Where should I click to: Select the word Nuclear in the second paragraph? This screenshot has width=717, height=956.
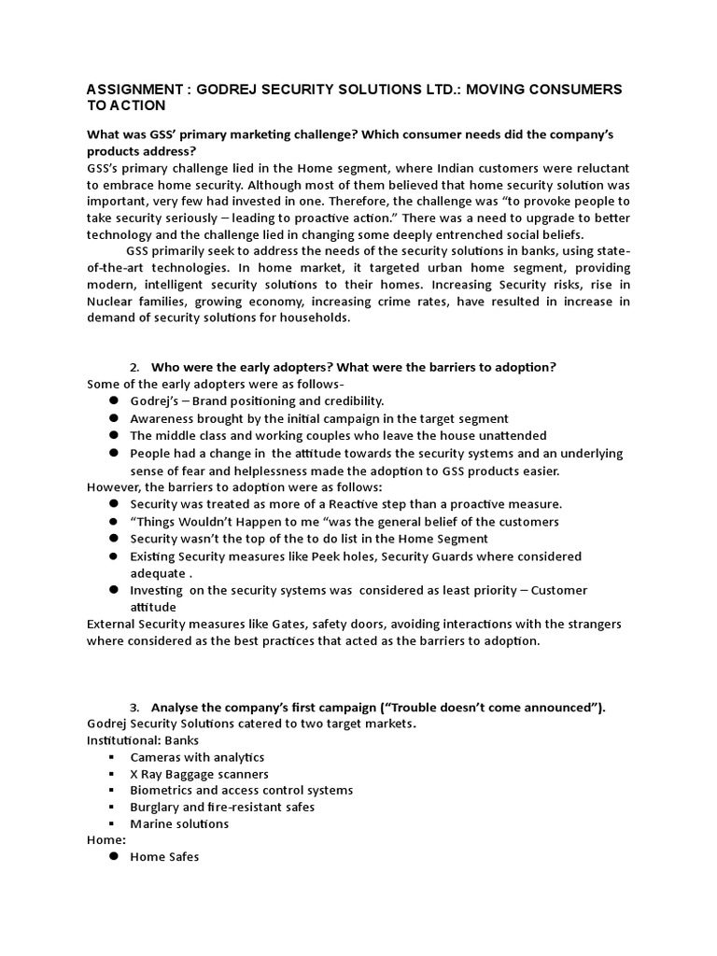(109, 302)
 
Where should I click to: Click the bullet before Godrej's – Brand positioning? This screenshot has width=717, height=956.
(112, 401)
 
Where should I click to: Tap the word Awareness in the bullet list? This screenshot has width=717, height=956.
(161, 418)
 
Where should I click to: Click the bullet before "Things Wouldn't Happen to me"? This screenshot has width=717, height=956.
(112, 522)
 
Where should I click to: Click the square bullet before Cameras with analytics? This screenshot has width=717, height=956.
(112, 757)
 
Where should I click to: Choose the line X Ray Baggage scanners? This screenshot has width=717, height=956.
(199, 774)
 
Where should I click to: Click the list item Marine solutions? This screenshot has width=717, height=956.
(179, 824)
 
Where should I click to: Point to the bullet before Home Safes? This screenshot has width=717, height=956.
(112, 857)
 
